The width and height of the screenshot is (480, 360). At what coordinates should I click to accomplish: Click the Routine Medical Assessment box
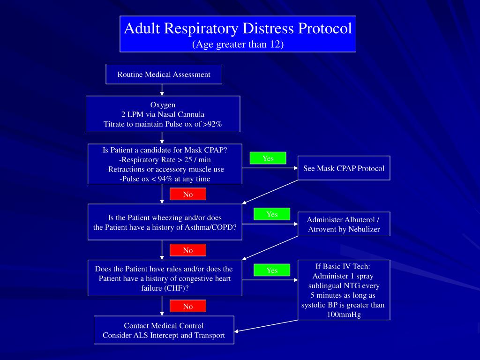[164, 74]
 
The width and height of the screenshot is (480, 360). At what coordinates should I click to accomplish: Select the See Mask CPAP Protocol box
[344, 168]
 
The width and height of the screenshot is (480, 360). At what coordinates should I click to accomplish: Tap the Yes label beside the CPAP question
[268, 158]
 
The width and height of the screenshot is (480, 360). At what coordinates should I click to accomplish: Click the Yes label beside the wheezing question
[272, 214]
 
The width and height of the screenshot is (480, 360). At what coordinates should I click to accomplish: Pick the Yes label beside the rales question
[272, 270]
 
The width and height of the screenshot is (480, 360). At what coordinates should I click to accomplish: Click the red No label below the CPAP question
[187, 194]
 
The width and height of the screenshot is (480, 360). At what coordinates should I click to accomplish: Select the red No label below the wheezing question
[187, 250]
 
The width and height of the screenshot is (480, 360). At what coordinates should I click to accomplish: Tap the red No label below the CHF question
[187, 306]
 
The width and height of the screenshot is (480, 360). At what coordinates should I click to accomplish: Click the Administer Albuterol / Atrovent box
[344, 225]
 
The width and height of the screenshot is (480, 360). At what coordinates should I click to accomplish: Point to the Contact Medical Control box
[164, 330]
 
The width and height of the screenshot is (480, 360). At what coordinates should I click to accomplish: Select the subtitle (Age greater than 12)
[238, 44]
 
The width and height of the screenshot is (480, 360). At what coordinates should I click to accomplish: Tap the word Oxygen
[163, 105]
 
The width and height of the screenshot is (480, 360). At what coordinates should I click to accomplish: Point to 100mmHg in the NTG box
[344, 315]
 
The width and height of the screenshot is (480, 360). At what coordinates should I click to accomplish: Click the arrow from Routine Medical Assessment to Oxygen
[162, 90]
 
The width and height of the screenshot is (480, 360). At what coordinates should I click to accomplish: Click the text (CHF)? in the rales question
[176, 288]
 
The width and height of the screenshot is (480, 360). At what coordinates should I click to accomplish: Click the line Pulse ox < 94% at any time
[165, 179]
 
